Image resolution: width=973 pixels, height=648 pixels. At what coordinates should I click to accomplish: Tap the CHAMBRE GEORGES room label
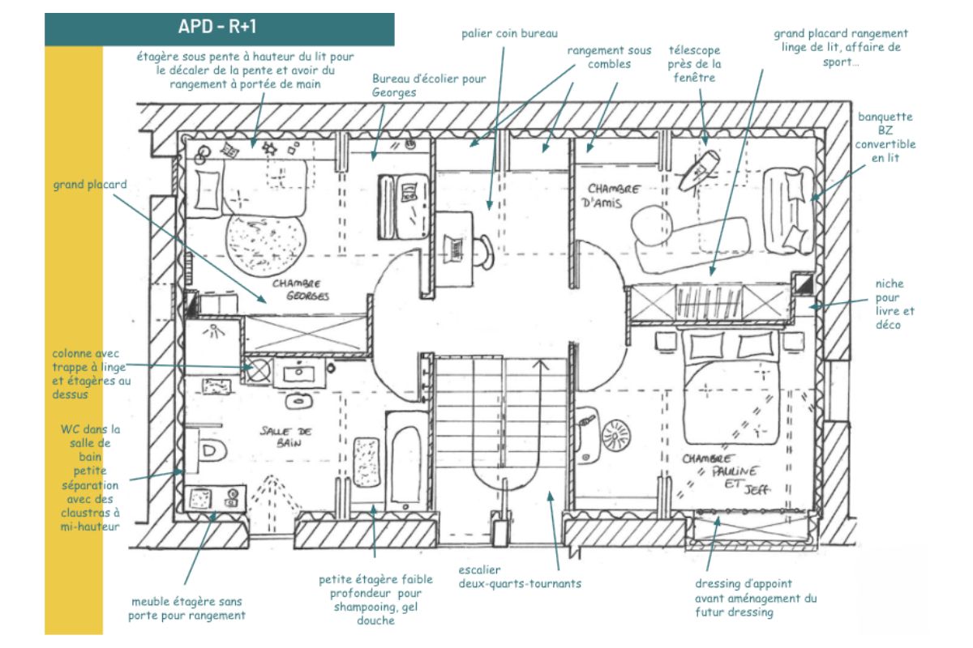pyautogui.click(x=300, y=290)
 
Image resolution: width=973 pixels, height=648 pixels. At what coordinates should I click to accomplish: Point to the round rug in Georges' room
pyautogui.click(x=261, y=244)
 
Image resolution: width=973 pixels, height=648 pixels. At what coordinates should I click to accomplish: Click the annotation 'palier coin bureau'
pyautogui.click(x=499, y=33)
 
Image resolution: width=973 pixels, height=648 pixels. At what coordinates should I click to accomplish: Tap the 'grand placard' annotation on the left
pyautogui.click(x=90, y=185)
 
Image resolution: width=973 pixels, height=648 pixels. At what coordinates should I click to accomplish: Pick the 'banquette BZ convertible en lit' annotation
pyautogui.click(x=885, y=137)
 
